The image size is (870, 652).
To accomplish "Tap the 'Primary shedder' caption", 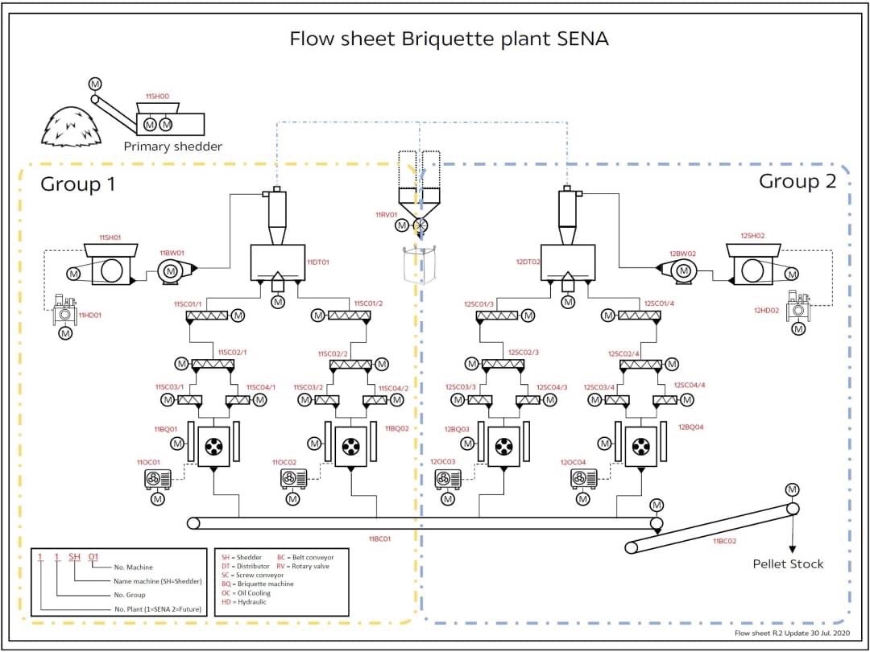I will pos(172,146).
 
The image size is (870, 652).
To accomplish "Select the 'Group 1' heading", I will pos(78,184).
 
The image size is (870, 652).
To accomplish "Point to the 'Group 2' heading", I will pos(797,180).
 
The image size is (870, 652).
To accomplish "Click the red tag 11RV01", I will pos(387,215).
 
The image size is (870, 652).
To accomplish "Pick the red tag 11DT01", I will pos(318,262).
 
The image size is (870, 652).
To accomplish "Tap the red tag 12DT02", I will pos(528,262).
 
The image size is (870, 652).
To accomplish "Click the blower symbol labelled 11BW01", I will pos(171,272).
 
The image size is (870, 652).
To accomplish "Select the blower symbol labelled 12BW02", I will pos(682,272).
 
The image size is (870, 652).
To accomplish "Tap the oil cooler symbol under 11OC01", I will pos(157,479).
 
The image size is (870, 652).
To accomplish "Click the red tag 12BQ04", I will pos(691,427).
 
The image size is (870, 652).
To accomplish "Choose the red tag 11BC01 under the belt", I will pos(379,539).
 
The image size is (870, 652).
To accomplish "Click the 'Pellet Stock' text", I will pos(788,563).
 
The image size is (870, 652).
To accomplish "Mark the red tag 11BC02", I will pos(725,542).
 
